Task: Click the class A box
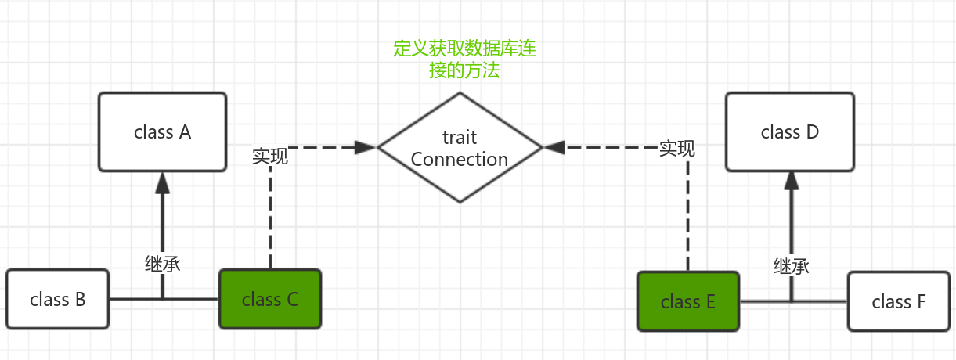coord(162,131)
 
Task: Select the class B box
coord(57,299)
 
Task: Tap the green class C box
coord(269,299)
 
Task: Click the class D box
coord(789,131)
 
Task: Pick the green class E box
coord(687,301)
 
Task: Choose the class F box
coord(898,301)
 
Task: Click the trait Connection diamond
coord(460,147)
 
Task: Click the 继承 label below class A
coord(163,264)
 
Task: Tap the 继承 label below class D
coord(791,266)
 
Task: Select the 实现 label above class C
coord(270,156)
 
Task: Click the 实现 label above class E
coord(676,148)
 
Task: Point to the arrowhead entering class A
coord(162,182)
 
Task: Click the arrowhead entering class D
coord(791,182)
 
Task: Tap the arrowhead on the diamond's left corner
coord(365,146)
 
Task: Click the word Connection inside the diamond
coord(460,159)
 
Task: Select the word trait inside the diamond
coord(460,138)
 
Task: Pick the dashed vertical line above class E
coord(688,219)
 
